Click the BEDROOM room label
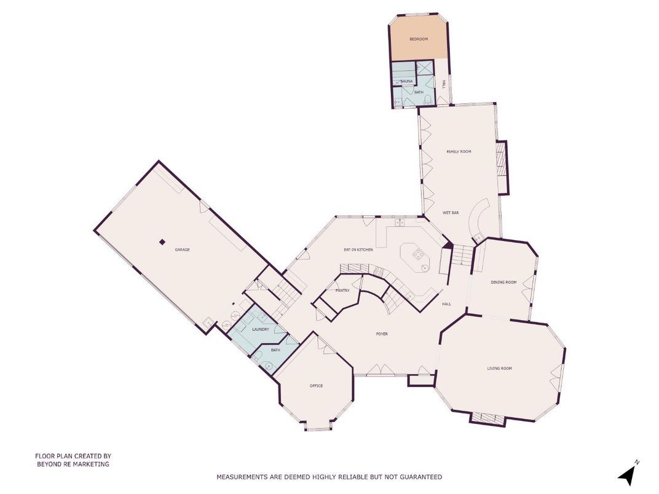click(x=419, y=39)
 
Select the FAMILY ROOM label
click(x=459, y=151)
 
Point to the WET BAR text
click(x=451, y=213)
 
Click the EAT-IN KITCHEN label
click(x=358, y=249)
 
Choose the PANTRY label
click(x=342, y=291)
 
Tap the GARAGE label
click(x=182, y=250)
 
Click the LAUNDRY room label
click(x=261, y=329)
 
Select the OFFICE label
click(x=316, y=386)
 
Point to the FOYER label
click(x=382, y=334)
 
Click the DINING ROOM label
click(x=503, y=282)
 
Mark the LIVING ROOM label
click(x=500, y=369)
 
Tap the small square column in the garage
click(x=162, y=242)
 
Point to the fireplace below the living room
click(x=487, y=418)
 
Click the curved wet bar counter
click(x=476, y=219)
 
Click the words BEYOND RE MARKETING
click(x=73, y=465)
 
